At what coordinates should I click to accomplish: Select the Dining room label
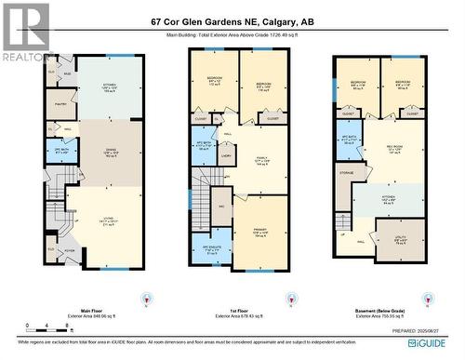(x=110, y=154)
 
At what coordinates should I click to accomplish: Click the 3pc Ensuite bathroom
(x=213, y=247)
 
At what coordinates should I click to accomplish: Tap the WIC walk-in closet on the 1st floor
(x=222, y=207)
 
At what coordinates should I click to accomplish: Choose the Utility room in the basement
(x=400, y=240)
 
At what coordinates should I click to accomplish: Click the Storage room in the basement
(x=346, y=173)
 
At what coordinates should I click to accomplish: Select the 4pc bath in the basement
(x=350, y=139)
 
